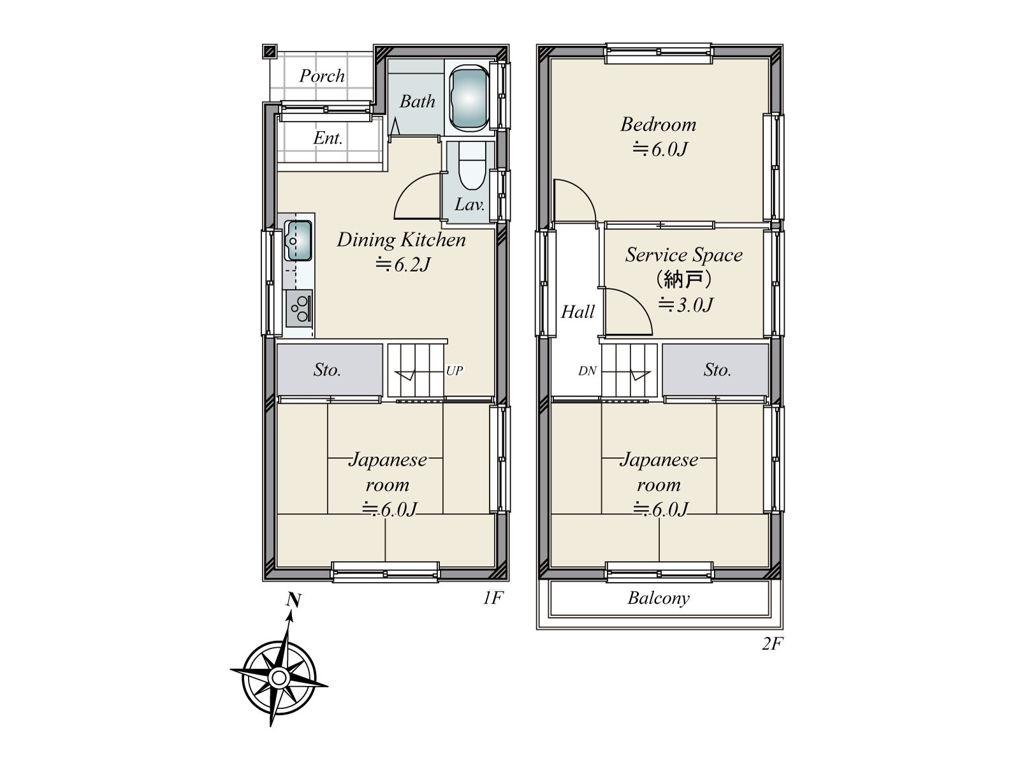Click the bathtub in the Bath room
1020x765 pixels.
click(469, 98)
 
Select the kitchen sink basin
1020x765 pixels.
click(298, 240)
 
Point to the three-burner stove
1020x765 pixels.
click(299, 309)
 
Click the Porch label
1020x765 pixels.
click(321, 76)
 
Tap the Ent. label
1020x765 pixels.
click(328, 138)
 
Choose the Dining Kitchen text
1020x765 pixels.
click(401, 240)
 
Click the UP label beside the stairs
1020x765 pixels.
click(455, 370)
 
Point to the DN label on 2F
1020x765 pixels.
click(587, 370)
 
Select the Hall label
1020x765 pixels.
click(578, 312)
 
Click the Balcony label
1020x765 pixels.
click(659, 598)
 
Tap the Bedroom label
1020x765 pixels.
click(659, 124)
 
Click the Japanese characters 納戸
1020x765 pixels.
click(683, 280)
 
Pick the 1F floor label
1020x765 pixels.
click(493, 598)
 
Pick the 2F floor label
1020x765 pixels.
click(772, 644)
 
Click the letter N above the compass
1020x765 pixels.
click(294, 601)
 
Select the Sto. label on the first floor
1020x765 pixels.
click(327, 370)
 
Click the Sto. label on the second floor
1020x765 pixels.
click(717, 370)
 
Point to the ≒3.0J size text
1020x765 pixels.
click(685, 305)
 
